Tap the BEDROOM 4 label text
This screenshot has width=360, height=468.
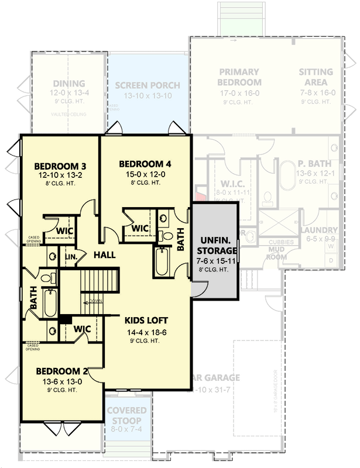pyautogui.click(x=145, y=163)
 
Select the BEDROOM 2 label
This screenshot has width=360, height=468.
pyautogui.click(x=61, y=371)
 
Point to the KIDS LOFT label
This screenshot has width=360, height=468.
pyautogui.click(x=146, y=320)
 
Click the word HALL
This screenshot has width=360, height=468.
pyautogui.click(x=104, y=255)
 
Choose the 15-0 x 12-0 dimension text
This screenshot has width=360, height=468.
pyautogui.click(x=145, y=174)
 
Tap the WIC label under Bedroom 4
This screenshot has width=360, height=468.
pyautogui.click(x=140, y=228)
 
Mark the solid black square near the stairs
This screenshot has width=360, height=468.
pyautogui.click(x=65, y=320)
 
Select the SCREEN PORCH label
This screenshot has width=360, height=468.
pyautogui.click(x=148, y=85)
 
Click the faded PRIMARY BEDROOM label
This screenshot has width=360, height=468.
pyautogui.click(x=239, y=77)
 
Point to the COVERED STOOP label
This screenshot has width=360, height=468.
pyautogui.click(x=127, y=415)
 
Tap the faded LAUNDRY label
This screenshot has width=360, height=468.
pyautogui.click(x=319, y=230)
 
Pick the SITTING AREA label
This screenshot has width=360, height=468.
pyautogui.click(x=316, y=77)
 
